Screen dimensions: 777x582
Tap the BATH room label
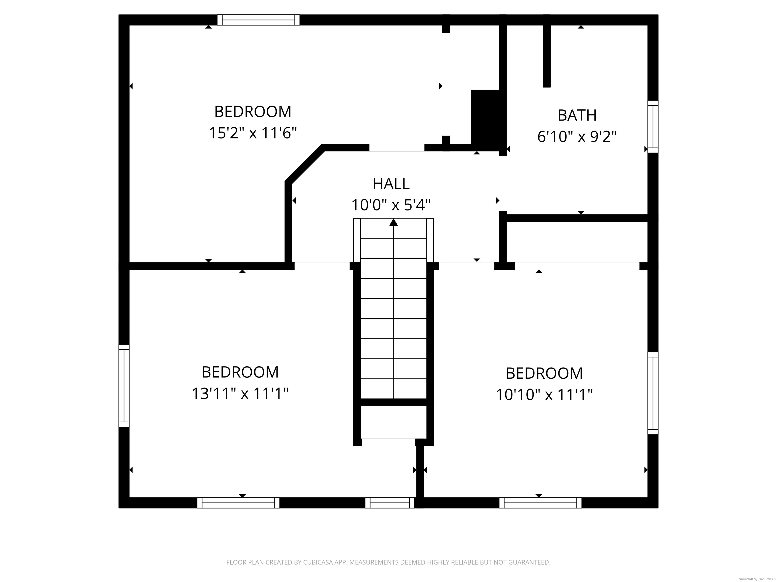click(577, 115)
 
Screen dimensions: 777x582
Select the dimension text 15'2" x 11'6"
click(253, 133)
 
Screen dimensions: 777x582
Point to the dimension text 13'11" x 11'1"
click(240, 394)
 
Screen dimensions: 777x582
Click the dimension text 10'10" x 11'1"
click(544, 395)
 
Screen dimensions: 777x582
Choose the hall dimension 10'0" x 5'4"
click(391, 205)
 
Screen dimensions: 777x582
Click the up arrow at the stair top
click(393, 222)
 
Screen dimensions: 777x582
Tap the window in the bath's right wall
click(653, 127)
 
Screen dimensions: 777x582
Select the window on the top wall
click(258, 20)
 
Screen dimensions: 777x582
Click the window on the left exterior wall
click(124, 385)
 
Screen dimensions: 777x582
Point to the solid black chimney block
click(485, 120)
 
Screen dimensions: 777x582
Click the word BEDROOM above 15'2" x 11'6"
click(253, 112)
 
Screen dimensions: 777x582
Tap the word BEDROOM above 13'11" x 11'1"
click(240, 372)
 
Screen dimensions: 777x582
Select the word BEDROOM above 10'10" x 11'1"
click(544, 373)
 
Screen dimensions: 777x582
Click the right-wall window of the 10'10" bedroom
click(653, 393)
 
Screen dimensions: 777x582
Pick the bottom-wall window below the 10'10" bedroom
click(540, 503)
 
